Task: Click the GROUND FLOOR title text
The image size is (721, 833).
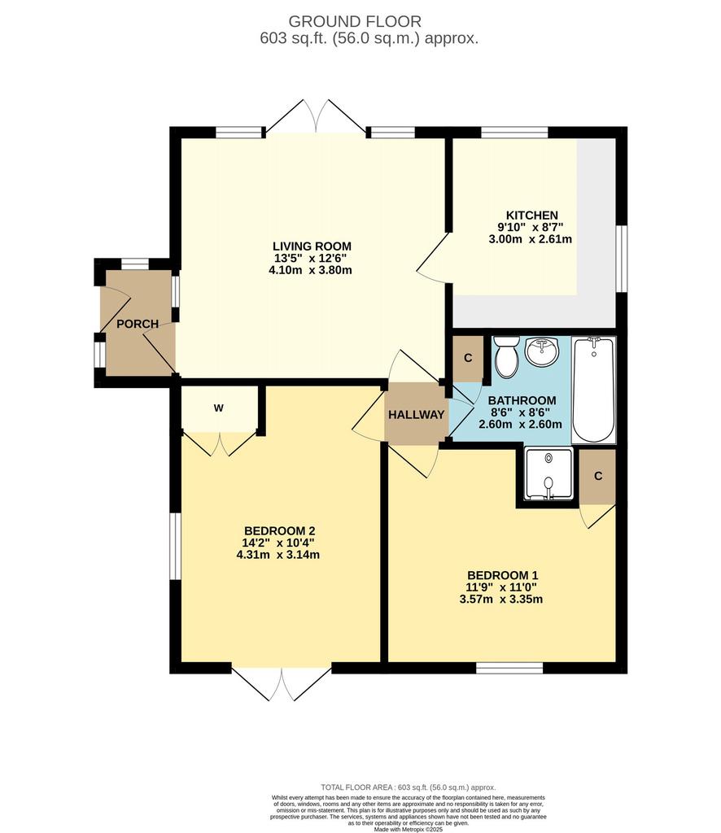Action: click(x=354, y=21)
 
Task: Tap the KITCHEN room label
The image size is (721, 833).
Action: click(x=531, y=215)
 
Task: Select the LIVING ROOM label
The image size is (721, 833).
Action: click(x=312, y=246)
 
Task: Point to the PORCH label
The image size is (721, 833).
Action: click(x=138, y=324)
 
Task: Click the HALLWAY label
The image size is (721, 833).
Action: click(x=416, y=414)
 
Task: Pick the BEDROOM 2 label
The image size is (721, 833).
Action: click(x=279, y=530)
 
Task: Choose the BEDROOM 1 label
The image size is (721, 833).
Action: click(x=503, y=575)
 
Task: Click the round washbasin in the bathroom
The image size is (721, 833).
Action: click(x=541, y=351)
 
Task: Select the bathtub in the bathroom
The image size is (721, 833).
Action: click(x=594, y=390)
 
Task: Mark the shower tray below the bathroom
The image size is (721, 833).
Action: click(x=548, y=474)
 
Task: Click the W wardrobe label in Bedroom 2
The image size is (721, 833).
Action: click(x=218, y=408)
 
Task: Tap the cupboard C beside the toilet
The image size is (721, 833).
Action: click(x=468, y=358)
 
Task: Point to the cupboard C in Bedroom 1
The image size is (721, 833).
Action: click(x=598, y=476)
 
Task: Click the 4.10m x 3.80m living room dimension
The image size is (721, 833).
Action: click(x=310, y=270)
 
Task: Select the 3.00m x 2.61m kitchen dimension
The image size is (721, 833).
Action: click(x=531, y=239)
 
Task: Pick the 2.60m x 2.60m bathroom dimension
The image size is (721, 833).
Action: click(x=520, y=424)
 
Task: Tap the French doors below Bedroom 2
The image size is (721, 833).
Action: click(x=282, y=682)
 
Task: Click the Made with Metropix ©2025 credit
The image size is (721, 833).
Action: click(x=408, y=829)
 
